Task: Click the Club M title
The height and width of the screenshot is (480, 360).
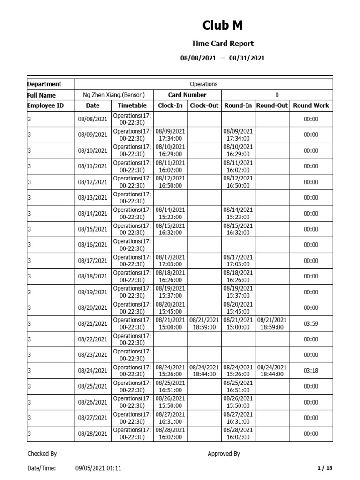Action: (x=223, y=25)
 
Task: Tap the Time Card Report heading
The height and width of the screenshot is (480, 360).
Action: (x=223, y=44)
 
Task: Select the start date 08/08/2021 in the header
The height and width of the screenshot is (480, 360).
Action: (x=198, y=58)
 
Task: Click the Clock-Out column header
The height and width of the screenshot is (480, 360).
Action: (x=204, y=105)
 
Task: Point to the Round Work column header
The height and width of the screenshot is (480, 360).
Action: (x=311, y=105)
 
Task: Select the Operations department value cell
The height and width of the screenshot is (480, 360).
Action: (x=203, y=84)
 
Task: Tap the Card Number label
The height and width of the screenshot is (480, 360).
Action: (x=187, y=95)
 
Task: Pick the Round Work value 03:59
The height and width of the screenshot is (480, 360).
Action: (x=311, y=323)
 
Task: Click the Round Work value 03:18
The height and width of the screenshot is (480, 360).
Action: (x=311, y=371)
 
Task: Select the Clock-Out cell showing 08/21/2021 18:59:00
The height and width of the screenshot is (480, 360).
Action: (x=204, y=323)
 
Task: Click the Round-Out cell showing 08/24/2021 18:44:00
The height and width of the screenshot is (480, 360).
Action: (x=272, y=371)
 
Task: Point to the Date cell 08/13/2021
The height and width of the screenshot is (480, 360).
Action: (x=93, y=198)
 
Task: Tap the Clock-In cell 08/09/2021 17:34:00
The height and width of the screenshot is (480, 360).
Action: (x=170, y=135)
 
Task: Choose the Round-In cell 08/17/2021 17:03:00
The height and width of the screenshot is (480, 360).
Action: (x=238, y=261)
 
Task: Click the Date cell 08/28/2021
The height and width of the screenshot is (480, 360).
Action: (x=93, y=434)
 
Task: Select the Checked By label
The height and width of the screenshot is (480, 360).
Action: (x=42, y=454)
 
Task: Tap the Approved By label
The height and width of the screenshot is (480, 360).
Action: (x=224, y=454)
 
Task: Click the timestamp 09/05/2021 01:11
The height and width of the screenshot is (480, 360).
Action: (x=98, y=468)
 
